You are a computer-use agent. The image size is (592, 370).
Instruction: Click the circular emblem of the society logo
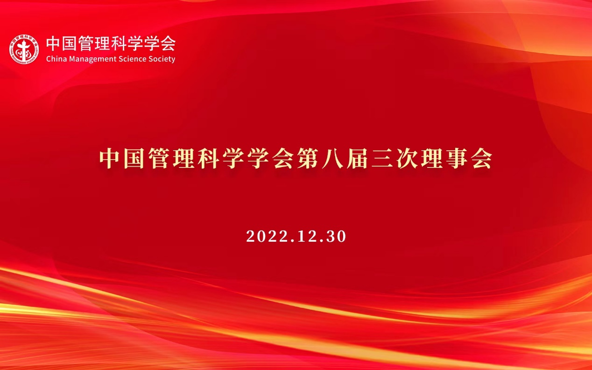click(24, 49)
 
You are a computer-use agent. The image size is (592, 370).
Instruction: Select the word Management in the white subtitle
click(92, 59)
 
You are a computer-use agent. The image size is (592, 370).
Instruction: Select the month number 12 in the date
click(307, 236)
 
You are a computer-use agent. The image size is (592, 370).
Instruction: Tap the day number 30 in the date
click(336, 236)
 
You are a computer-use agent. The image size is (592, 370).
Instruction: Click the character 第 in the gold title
click(308, 158)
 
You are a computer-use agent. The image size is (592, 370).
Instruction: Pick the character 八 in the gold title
click(332, 158)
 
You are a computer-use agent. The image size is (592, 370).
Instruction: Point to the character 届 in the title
click(357, 158)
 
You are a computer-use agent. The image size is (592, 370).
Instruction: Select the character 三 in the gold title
click(382, 158)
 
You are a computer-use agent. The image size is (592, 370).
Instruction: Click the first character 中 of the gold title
click(109, 158)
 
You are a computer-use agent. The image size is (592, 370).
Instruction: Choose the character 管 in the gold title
click(159, 158)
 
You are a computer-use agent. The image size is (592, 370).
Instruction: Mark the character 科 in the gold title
click(209, 158)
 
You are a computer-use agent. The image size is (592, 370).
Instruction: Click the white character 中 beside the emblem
click(54, 43)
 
